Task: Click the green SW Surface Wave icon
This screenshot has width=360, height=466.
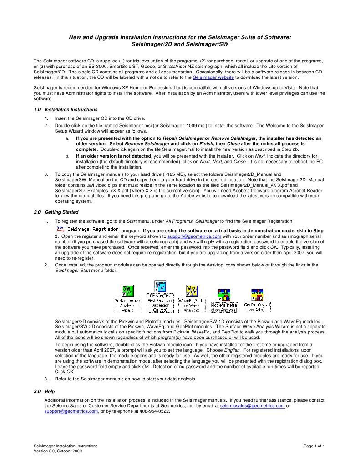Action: pos(127,290)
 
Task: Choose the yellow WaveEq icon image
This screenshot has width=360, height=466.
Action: pos(191,290)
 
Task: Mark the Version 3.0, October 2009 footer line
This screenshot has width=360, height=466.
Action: pos(58,451)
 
